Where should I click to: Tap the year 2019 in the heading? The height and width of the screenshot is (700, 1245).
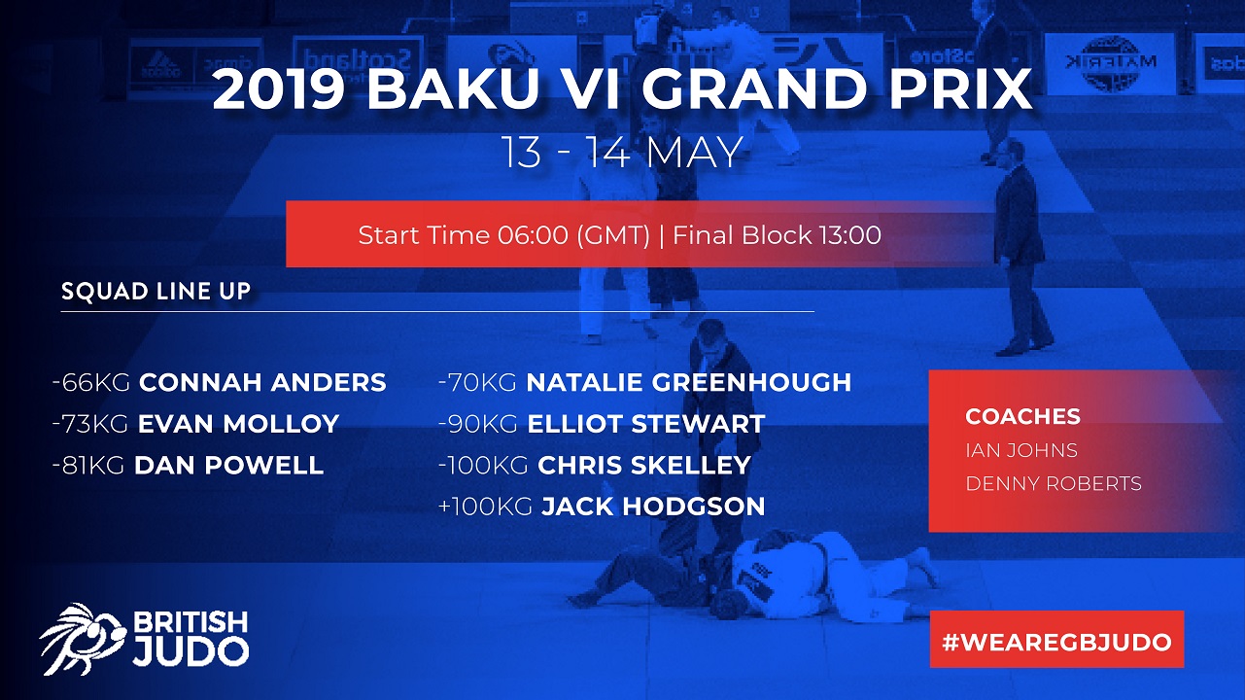279,89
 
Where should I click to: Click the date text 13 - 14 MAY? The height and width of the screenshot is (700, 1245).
622,152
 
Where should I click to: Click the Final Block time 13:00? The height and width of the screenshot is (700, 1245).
849,235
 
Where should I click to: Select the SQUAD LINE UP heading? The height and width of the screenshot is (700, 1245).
156,292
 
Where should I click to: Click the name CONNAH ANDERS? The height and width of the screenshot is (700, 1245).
262,382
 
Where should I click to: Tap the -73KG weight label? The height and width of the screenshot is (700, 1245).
90,424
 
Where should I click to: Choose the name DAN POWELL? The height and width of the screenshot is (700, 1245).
228,466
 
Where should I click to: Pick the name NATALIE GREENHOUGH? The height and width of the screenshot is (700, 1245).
689,382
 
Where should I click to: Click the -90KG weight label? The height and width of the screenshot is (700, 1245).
478,424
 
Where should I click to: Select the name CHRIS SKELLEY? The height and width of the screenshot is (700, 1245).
644,466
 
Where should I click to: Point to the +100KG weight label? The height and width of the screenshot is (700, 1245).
485,507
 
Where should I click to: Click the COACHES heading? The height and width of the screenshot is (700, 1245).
1022,416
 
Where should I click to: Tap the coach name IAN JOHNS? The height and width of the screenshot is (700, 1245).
1021,450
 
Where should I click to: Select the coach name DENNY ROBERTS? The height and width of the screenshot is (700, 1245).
1054,484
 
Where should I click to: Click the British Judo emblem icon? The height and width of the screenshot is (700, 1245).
82,639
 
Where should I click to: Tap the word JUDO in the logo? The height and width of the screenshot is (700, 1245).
190,651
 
